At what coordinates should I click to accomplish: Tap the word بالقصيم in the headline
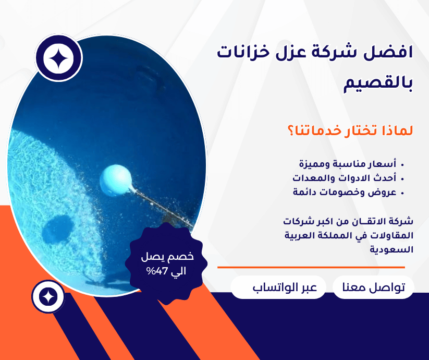tap(378, 83)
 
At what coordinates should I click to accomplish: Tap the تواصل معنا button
tap(373, 287)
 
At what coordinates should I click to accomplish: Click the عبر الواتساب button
tap(278, 287)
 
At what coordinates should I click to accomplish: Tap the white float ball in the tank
tap(117, 181)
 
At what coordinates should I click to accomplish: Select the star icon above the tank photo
tap(58, 58)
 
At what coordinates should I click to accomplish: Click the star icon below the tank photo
tap(48, 297)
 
